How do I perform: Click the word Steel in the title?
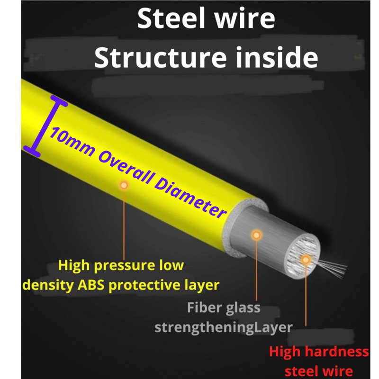(x=171, y=18)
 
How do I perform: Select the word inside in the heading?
(x=277, y=57)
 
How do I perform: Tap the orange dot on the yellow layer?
(x=124, y=185)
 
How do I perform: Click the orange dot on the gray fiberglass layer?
(x=256, y=235)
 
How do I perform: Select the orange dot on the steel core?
(x=306, y=260)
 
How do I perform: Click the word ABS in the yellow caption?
(x=91, y=285)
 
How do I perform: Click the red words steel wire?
(x=319, y=371)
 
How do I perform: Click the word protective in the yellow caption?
(x=144, y=286)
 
